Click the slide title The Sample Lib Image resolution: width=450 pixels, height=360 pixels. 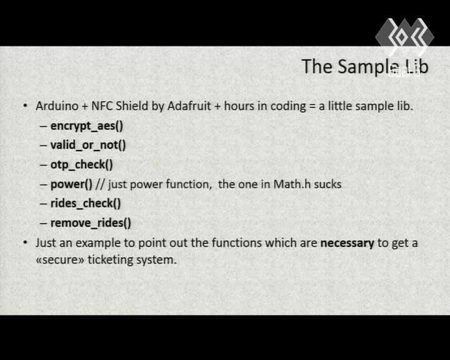click(365, 67)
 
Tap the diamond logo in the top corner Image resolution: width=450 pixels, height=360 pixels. click(404, 37)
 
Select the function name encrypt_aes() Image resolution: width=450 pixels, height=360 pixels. click(87, 126)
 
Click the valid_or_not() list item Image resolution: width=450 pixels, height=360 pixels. click(88, 145)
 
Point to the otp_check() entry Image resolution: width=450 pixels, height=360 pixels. click(82, 164)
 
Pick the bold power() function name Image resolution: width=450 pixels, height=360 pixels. click(71, 184)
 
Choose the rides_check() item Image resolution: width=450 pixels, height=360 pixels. click(86, 203)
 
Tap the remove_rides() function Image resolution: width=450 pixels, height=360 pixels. click(91, 222)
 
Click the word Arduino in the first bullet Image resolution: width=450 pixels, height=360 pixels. click(57, 106)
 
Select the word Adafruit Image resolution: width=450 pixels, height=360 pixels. click(189, 106)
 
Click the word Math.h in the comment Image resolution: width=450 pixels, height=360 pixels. click(292, 184)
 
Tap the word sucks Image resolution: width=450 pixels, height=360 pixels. click(327, 184)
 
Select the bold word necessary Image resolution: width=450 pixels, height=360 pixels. click(347, 244)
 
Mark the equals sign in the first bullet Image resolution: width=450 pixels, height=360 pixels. click(312, 106)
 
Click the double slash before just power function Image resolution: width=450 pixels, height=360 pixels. click(100, 184)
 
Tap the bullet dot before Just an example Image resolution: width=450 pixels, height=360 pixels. click(25, 242)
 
